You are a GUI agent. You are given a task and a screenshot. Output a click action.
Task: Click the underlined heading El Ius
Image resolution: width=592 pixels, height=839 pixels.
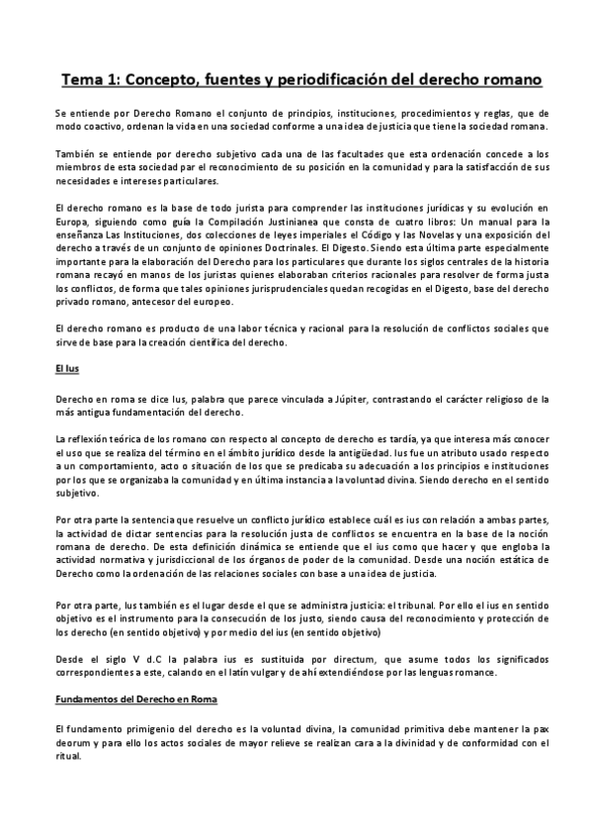(x=66, y=369)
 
